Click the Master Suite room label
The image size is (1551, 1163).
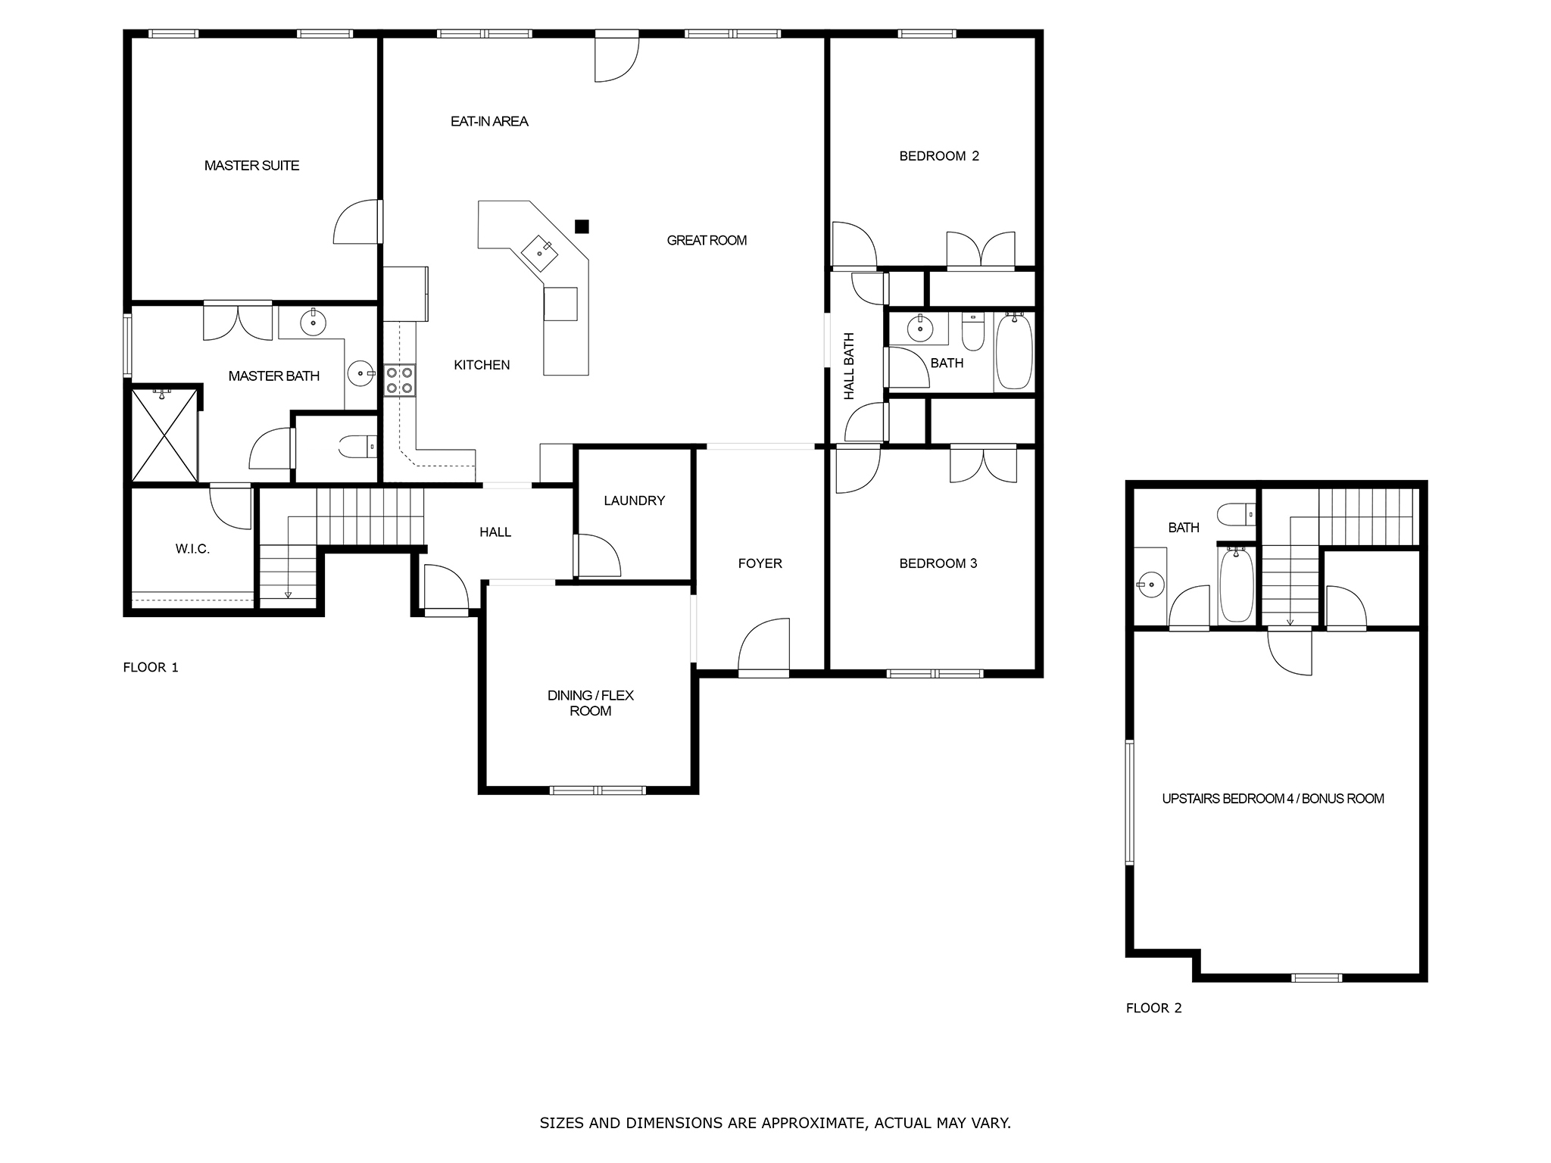[x=251, y=165]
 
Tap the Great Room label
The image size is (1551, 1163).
[x=707, y=240]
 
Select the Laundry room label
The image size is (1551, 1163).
[x=634, y=500]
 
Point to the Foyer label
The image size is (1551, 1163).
[x=760, y=563]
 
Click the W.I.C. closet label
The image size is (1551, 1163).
[x=192, y=549]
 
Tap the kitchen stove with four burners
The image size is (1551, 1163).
[x=399, y=380]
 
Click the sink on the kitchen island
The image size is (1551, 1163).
[x=541, y=252]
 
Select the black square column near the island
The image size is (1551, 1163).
[x=582, y=226]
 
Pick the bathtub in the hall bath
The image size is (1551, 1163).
[x=1013, y=352]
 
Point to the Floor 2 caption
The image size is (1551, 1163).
[x=1153, y=1008]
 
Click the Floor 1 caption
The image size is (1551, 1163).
[x=151, y=667]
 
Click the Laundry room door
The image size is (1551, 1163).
[x=598, y=556]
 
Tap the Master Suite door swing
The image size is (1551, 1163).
[x=357, y=222]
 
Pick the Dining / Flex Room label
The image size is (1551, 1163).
[x=591, y=703]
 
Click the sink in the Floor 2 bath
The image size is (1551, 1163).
[x=1151, y=584]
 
